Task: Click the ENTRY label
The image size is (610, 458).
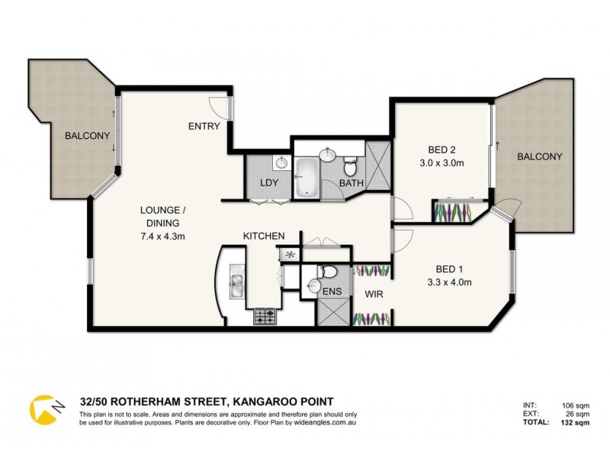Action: [x=204, y=127]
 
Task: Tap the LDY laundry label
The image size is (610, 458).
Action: [x=268, y=182]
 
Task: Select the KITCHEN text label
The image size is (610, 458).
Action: [x=264, y=236]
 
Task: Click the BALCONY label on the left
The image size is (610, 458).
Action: [x=87, y=136]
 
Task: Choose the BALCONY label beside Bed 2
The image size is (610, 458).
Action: [x=539, y=156]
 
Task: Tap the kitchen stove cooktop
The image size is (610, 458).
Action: [x=265, y=314]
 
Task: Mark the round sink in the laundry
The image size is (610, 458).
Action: [x=281, y=162]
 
